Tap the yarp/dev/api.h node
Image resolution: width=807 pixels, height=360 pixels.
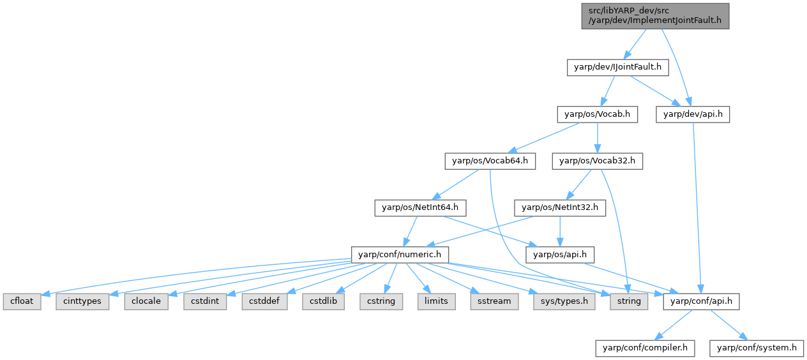pyautogui.click(x=693, y=114)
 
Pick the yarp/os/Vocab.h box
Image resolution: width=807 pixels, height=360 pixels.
pyautogui.click(x=597, y=114)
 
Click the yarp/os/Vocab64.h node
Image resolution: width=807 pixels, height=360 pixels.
pyautogui.click(x=490, y=161)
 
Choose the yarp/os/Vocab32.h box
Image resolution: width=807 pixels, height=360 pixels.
pyautogui.click(x=597, y=161)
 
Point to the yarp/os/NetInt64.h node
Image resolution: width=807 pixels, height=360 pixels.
pyautogui.click(x=420, y=207)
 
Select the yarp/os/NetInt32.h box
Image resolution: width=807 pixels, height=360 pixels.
pyautogui.click(x=560, y=207)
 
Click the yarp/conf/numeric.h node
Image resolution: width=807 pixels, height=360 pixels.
pyautogui.click(x=400, y=254)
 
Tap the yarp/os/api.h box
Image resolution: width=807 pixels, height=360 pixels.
pyautogui.click(x=560, y=254)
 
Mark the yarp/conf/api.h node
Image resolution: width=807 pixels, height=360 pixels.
pyautogui.click(x=702, y=301)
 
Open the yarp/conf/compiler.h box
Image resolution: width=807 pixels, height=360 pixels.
pyautogui.click(x=645, y=348)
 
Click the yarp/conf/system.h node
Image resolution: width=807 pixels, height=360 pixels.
pyautogui.click(x=757, y=348)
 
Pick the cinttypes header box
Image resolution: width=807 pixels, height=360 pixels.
pyautogui.click(x=82, y=301)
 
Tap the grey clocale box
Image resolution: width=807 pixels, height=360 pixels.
pyautogui.click(x=147, y=301)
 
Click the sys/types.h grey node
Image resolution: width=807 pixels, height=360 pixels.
pyautogui.click(x=564, y=301)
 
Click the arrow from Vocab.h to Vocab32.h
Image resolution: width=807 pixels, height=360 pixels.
pyautogui.click(x=597, y=138)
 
